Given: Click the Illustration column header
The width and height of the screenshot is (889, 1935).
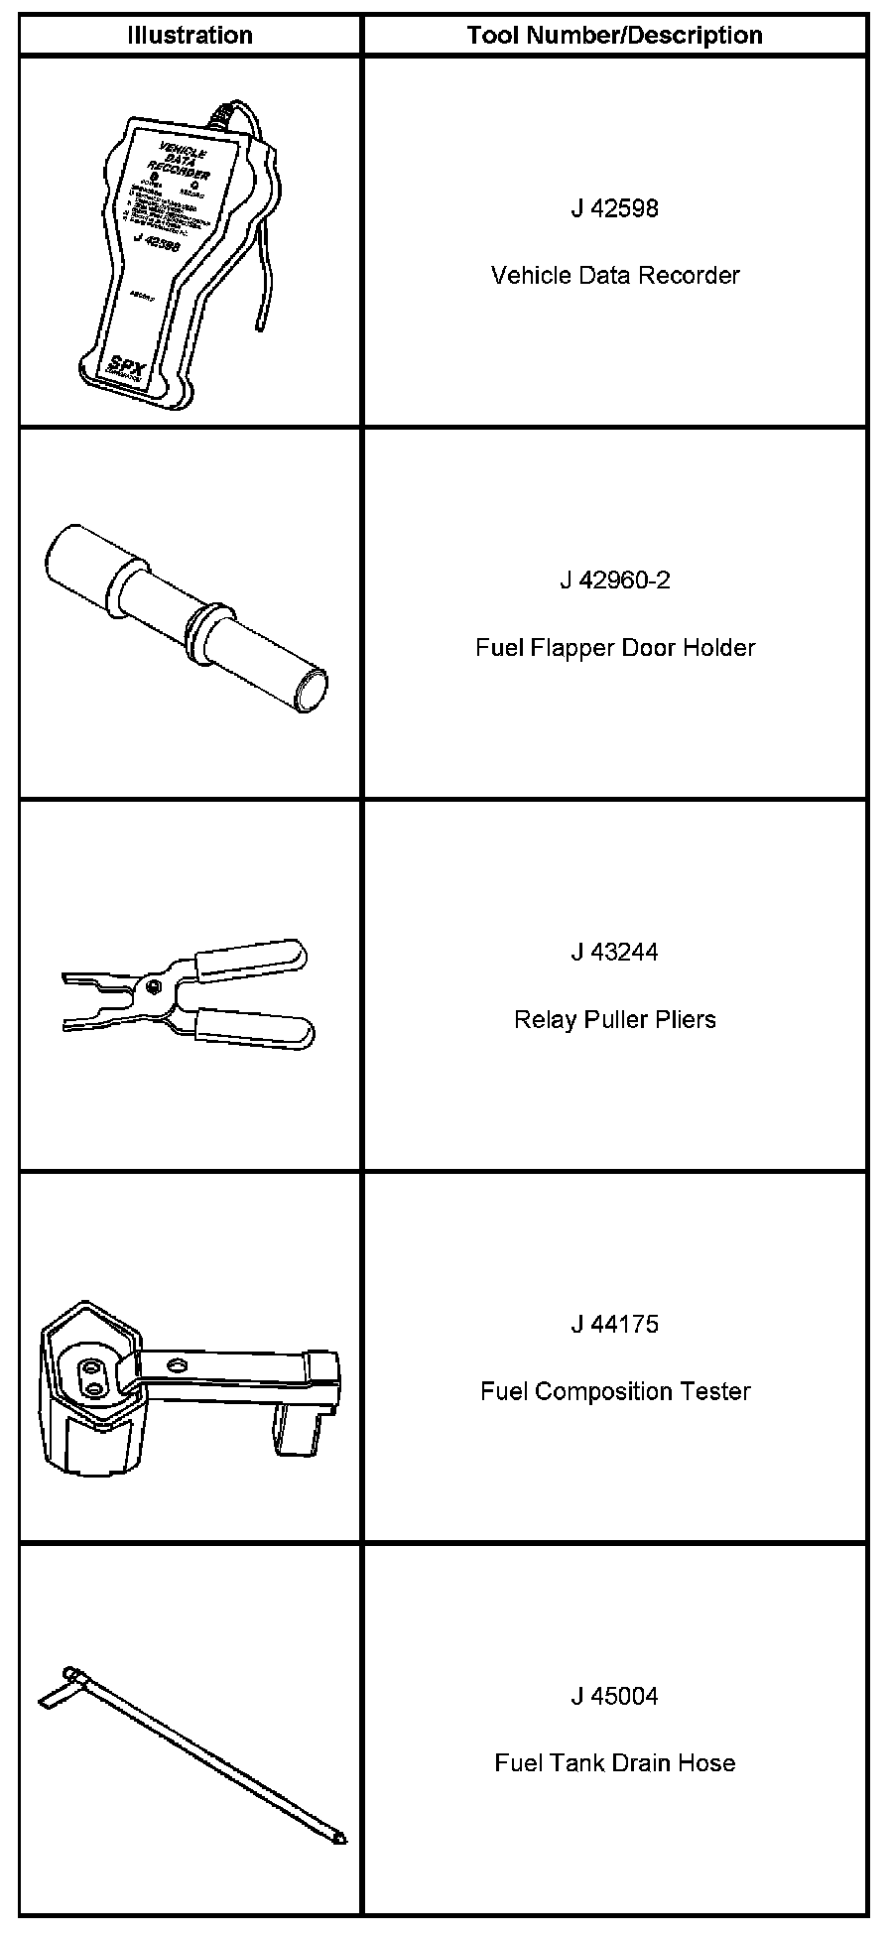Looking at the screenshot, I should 190,36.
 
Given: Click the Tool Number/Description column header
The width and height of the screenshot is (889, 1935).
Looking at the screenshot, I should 614,36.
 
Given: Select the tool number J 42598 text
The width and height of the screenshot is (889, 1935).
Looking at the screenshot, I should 614,208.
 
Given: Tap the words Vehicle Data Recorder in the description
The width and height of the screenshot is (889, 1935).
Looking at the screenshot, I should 614,275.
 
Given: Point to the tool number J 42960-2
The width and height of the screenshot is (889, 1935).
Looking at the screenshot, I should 614,580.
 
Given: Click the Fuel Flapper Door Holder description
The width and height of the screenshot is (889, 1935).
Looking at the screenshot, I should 614,648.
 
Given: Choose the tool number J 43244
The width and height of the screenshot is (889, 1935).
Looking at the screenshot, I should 614,952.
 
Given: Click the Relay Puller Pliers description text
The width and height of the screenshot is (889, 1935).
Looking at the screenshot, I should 614,1019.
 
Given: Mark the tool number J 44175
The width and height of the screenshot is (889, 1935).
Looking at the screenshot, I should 614,1324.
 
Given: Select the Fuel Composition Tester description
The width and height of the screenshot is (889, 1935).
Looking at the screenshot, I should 614,1391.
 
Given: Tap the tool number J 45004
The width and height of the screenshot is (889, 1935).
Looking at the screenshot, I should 614,1696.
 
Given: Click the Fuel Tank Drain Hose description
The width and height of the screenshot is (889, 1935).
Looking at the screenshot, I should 614,1763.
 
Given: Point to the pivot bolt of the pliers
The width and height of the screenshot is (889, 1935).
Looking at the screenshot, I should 151,984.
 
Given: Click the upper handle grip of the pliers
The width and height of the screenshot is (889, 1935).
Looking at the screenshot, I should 252,959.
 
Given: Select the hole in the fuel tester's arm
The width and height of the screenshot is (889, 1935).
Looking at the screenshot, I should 176,1365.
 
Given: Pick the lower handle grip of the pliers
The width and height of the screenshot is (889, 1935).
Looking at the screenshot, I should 255,1028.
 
